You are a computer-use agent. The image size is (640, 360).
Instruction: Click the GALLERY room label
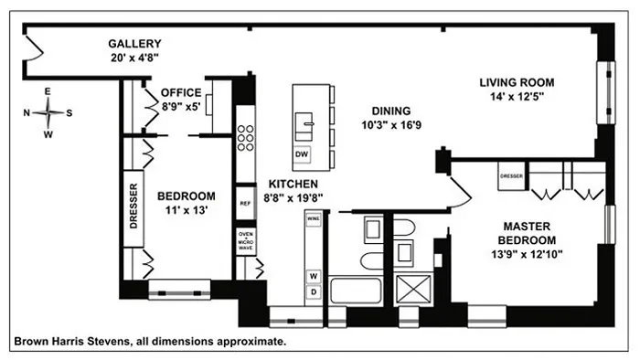(x=134, y=43)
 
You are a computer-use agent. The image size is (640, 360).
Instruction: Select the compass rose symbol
(x=51, y=114)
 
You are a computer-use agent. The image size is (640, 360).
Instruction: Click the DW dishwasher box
(x=302, y=154)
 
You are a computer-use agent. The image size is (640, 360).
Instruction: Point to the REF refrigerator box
(x=245, y=204)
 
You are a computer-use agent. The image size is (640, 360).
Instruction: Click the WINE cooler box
(x=313, y=220)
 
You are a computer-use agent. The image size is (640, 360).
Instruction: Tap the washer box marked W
(x=313, y=275)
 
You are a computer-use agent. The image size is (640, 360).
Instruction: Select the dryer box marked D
(x=313, y=291)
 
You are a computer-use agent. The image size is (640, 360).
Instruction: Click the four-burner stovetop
(x=245, y=137)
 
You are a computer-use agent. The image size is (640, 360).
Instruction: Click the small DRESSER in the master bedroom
(x=511, y=175)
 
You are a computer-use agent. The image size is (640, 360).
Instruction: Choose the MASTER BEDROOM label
(x=531, y=233)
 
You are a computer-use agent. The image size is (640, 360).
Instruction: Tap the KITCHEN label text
(x=293, y=182)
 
